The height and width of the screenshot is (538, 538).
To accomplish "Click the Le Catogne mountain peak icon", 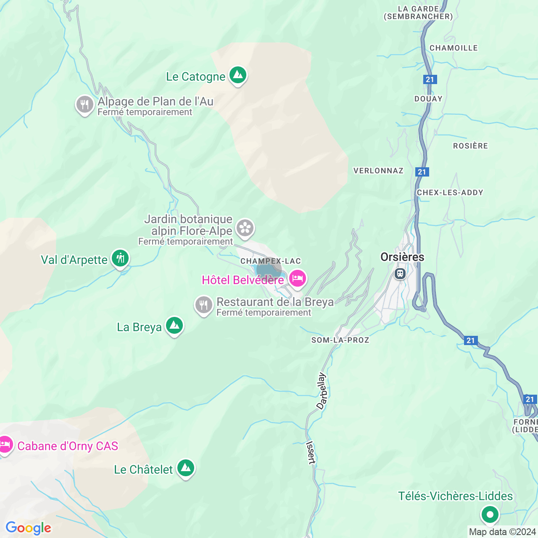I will coord(238,76).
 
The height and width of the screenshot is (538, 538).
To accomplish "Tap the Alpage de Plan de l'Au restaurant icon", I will coord(84,105).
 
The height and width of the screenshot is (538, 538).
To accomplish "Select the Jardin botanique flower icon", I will coord(245,228).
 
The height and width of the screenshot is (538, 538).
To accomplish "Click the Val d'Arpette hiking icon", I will coord(121,258).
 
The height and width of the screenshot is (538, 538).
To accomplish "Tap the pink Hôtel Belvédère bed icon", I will coord(298,279).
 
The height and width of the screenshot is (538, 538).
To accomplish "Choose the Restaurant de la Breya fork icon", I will coord(204,306).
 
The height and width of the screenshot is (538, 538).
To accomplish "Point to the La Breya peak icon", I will coord(174,326).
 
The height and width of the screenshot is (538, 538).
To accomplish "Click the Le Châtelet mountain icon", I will coord(186,468).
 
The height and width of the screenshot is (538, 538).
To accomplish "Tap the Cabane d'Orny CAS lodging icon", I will coord(5,444).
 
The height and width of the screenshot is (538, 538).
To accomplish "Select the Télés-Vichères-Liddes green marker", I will coord(490,514).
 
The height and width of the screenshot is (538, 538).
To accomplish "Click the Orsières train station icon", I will coord(400,274).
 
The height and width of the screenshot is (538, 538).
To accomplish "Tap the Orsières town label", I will coord(402,257).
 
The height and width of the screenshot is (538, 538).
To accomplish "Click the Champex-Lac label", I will coord(271,261).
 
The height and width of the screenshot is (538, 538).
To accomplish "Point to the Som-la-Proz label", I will coord(340,340).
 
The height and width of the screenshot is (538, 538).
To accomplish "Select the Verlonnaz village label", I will coord(378,171).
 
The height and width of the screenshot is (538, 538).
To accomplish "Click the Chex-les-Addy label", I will coord(450,193).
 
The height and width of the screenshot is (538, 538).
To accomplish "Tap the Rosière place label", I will coord(470,146).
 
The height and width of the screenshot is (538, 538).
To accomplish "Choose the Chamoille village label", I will coord(454,48).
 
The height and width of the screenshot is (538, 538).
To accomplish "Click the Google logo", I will coord(28,528).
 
